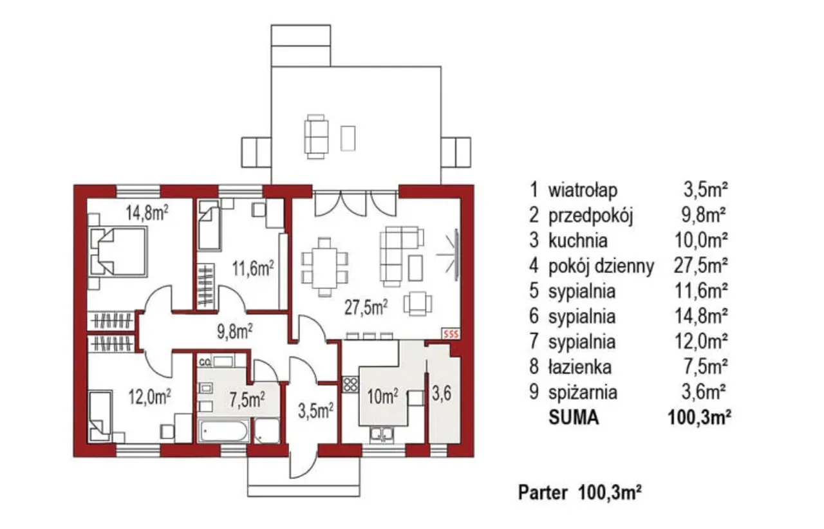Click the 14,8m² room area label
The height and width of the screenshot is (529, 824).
tap(147, 213)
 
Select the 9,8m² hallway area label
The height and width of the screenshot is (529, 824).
tap(235, 331)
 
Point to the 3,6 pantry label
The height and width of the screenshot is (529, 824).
tap(442, 394)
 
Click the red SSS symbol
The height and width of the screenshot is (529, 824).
tap(451, 334)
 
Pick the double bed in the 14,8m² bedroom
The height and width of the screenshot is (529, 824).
tap(118, 252)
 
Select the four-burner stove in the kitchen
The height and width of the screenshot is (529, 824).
tap(350, 384)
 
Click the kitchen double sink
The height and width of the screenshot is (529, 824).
tap(382, 434)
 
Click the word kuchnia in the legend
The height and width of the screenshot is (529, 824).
tap(578, 241)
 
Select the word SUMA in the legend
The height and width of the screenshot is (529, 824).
tap(574, 418)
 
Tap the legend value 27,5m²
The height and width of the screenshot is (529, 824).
tap(700, 266)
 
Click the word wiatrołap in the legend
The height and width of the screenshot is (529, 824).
tap(583, 190)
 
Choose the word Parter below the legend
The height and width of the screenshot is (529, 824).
tap(543, 492)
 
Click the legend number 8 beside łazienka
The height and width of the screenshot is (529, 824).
tap(534, 367)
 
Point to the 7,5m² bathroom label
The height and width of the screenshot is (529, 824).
tap(247, 400)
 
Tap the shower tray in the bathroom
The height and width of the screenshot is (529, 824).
tap(267, 431)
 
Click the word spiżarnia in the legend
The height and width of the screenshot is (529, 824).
tap(583, 393)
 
